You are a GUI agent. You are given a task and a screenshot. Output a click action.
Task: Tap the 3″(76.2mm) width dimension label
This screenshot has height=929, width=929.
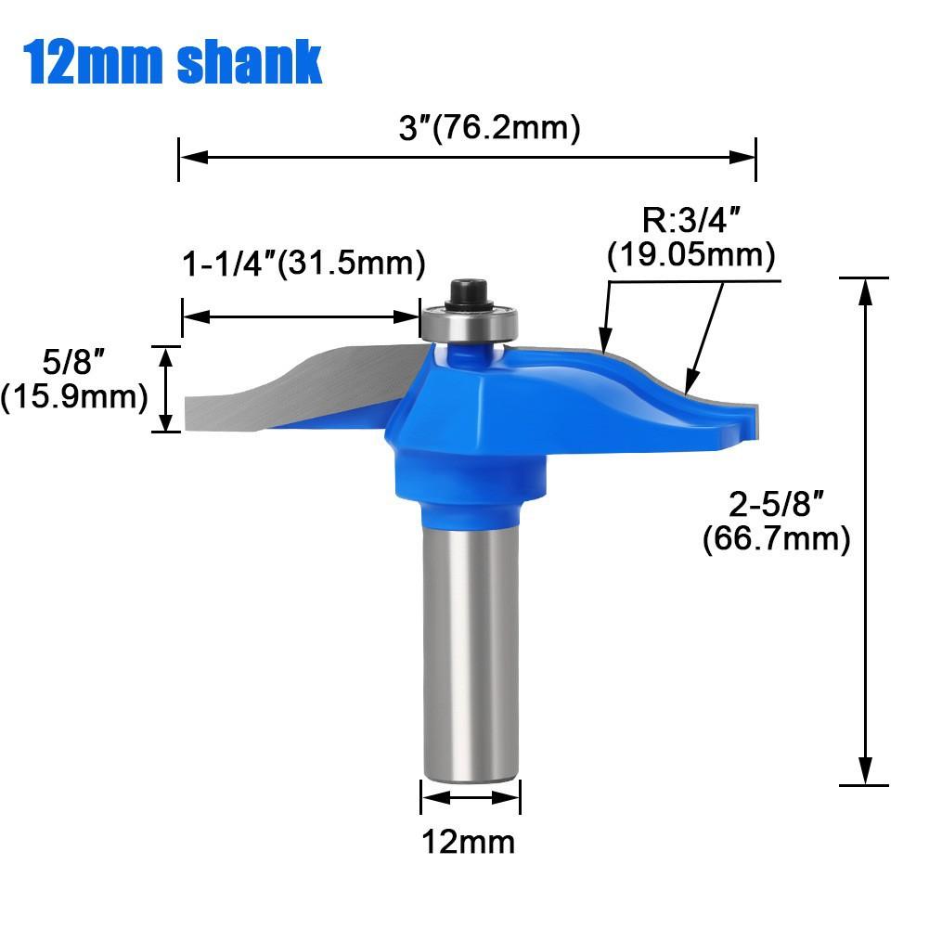(x=489, y=128)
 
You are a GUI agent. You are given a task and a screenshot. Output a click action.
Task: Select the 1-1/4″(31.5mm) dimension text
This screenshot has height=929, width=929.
(x=303, y=265)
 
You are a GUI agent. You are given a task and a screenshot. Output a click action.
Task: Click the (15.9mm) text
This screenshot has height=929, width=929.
(x=74, y=396)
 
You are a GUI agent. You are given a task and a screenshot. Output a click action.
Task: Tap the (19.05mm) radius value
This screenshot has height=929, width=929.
(x=691, y=254)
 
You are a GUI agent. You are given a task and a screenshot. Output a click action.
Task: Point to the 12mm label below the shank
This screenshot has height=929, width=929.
(x=469, y=842)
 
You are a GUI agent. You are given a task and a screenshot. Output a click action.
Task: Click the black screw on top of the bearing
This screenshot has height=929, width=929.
(x=468, y=290)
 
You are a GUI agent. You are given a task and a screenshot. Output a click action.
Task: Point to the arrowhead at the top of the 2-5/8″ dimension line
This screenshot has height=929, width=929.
(x=866, y=289)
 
